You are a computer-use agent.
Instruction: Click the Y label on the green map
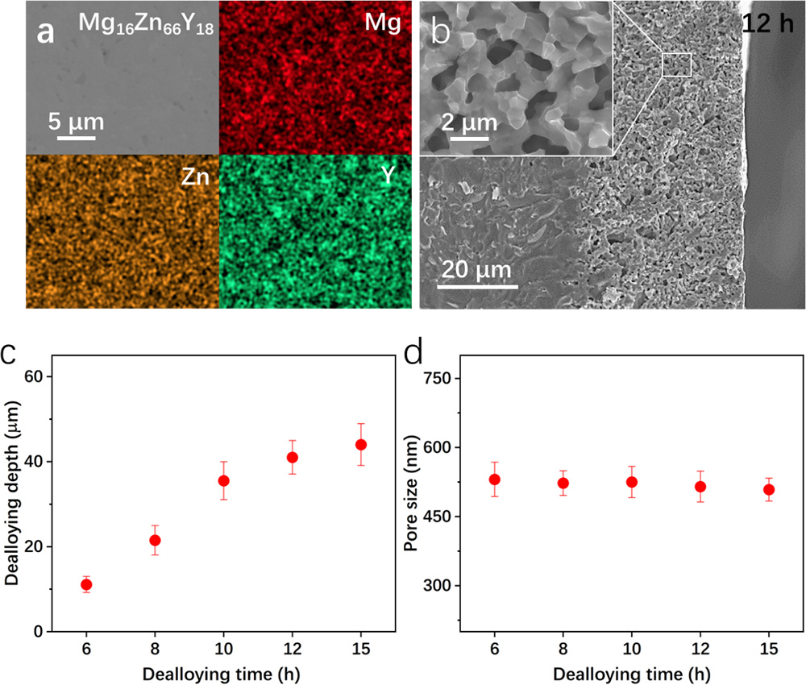click(388, 176)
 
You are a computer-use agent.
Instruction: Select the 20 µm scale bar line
click(477, 285)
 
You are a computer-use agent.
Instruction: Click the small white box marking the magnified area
click(677, 64)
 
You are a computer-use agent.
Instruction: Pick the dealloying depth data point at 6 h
click(86, 584)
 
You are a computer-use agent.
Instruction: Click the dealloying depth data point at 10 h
click(224, 480)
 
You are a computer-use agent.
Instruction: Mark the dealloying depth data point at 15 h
click(361, 445)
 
